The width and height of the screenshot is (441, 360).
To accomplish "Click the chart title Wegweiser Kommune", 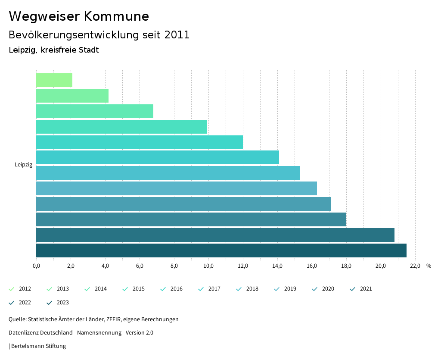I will coord(79,16).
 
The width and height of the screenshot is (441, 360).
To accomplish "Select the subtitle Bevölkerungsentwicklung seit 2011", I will coord(99,35).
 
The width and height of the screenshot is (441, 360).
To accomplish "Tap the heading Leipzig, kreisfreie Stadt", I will coord(54,50).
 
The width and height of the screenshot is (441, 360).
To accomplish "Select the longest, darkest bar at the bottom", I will coord(221,250).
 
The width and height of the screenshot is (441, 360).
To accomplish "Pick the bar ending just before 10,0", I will coord(121,127).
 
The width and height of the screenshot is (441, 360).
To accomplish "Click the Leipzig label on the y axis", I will coord(23,164).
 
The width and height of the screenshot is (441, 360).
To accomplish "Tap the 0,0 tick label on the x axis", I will coord(36,266).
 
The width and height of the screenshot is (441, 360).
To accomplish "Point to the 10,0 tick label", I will coord(208,266).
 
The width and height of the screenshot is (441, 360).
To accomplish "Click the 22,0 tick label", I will coord(415,266).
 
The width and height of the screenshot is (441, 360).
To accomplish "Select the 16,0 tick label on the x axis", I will coord(312,266).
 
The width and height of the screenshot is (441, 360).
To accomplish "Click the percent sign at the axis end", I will coord(429,266).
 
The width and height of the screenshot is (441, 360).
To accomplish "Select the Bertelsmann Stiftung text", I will coord(38,346).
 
